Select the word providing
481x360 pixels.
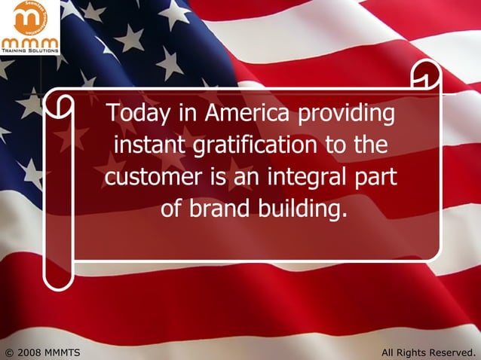(347, 115)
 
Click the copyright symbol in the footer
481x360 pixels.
(9, 352)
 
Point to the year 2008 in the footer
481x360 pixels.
(29, 352)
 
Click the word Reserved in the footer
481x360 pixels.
(451, 352)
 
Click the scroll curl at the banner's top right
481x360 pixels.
(426, 75)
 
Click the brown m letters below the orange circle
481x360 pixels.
(29, 41)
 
